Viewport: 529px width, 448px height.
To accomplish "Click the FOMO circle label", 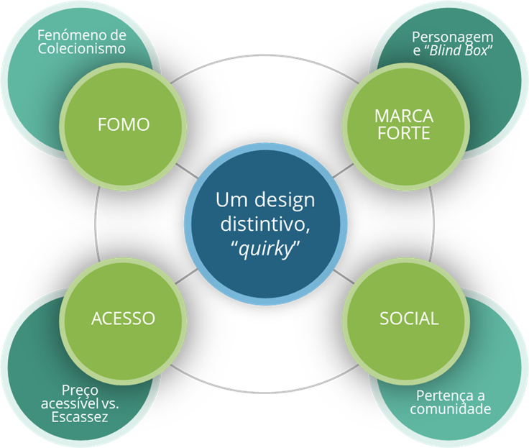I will tap(124, 124).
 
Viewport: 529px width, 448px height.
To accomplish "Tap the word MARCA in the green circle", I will tap(403, 116).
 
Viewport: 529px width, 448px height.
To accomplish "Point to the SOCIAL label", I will tap(409, 319).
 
